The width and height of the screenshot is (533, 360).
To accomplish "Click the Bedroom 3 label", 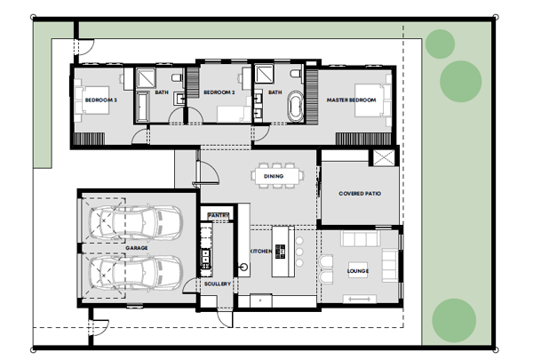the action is tap(101, 100).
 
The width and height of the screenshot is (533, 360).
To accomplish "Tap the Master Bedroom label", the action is tap(351, 100).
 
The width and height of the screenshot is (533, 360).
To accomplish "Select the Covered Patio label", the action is tap(360, 193).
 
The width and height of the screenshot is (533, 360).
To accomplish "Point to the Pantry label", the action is tap(219, 215).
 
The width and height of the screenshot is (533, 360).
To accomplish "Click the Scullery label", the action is tap(218, 284).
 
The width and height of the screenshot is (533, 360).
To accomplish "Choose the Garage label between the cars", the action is tap(137, 248).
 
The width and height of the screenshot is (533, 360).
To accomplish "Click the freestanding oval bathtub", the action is tap(296, 106).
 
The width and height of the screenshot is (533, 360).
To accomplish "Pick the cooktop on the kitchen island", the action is tap(280, 252).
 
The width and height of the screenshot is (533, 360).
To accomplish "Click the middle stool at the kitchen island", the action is tap(299, 252).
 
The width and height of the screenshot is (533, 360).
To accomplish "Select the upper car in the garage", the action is tap(136, 223).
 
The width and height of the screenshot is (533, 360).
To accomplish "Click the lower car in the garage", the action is tap(136, 273).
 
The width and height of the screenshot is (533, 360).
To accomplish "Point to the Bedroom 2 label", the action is tap(219, 92).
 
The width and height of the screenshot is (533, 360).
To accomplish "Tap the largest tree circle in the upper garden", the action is tap(460, 81).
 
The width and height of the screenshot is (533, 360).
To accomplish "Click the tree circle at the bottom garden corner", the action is tap(454, 321).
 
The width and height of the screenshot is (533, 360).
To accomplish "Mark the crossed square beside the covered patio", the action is tap(384, 158).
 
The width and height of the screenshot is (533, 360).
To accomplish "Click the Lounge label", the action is tap(358, 271).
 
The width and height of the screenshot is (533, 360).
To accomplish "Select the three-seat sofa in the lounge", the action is tap(361, 238).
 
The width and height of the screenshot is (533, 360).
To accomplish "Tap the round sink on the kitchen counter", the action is tap(243, 267).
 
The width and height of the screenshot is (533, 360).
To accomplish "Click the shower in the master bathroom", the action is tap(264, 74).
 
